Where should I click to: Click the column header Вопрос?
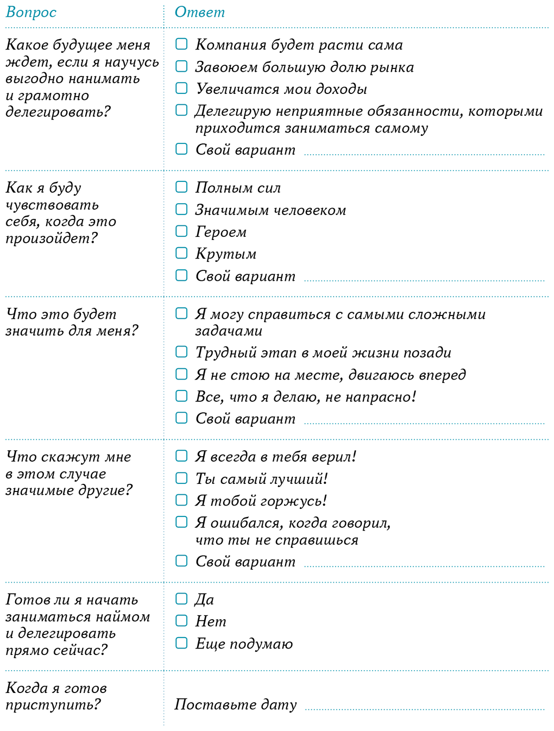[31, 12]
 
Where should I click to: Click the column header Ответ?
[199, 12]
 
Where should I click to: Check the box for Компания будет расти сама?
[181, 44]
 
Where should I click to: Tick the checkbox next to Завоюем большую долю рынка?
[181, 66]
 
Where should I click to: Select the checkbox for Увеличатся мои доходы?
[181, 88]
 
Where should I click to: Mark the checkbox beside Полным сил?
[181, 187]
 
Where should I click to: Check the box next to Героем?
[181, 231]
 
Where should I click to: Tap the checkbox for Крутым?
[181, 253]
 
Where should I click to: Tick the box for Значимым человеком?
[181, 209]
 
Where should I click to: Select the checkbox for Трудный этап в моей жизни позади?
[181, 352]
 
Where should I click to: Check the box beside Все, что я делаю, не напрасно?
[181, 396]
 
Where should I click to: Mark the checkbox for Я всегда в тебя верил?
[181, 456]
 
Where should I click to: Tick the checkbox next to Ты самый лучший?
[181, 478]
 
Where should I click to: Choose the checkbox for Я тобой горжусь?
[181, 500]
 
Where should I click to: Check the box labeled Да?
[181, 599]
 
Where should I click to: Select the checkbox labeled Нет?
[181, 621]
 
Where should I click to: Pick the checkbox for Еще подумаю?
[181, 643]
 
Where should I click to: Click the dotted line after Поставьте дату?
[424, 708]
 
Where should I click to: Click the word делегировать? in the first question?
[58, 112]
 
